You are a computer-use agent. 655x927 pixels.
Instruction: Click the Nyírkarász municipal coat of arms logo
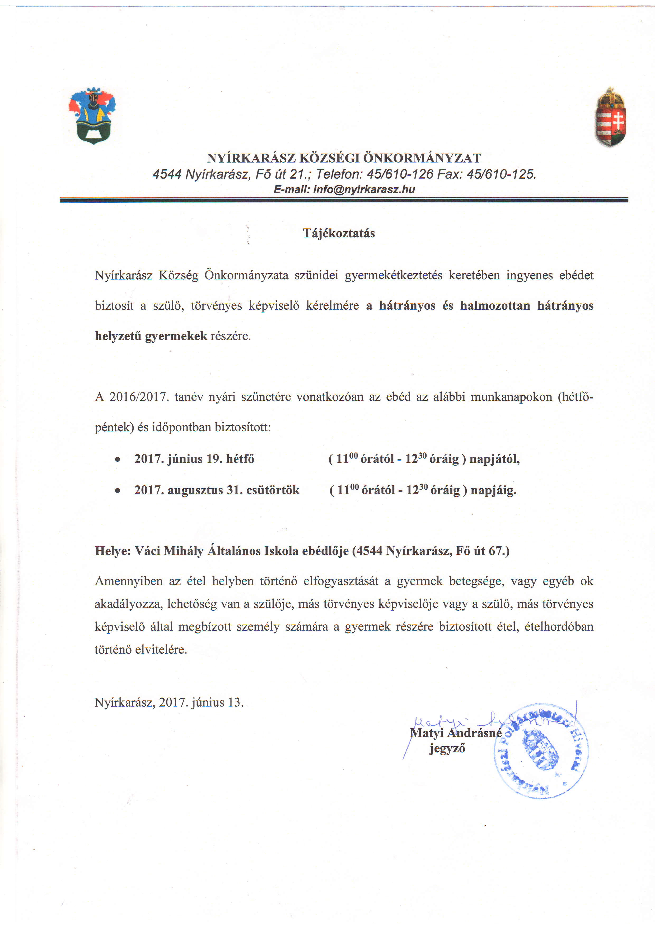(92, 116)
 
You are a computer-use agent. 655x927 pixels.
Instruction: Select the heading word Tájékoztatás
(339, 233)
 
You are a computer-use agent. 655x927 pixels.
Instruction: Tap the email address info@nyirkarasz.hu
(364, 189)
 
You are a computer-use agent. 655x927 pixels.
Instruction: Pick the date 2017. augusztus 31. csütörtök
(217, 490)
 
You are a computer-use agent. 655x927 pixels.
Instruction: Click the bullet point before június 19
(118, 460)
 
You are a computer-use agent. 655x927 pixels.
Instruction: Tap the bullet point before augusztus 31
(118, 491)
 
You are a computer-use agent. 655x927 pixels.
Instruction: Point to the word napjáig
(493, 490)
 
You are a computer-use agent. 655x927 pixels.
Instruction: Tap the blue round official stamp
(541, 751)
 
